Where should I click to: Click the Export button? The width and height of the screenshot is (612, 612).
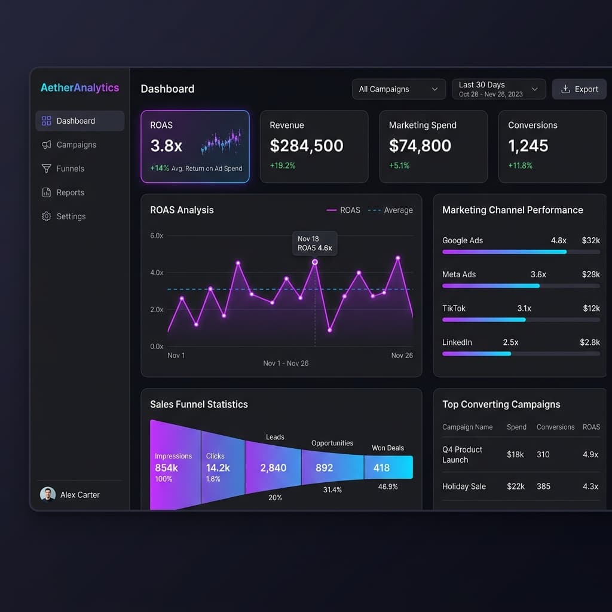coord(579,89)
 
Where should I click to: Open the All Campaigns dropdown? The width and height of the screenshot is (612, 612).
coord(399,89)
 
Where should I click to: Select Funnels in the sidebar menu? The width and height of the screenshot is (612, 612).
coord(71,169)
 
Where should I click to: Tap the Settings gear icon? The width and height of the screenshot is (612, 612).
coord(47,216)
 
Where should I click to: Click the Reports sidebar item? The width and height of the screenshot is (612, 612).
coord(71,192)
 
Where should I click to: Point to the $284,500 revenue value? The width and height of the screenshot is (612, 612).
coord(307,146)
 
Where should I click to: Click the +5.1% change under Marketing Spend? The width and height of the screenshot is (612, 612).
coord(399,166)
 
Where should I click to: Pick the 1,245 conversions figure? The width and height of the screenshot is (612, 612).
coord(528,146)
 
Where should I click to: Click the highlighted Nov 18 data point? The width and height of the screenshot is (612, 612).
coord(314,262)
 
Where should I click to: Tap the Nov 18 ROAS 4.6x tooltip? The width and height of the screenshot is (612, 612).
coord(314,244)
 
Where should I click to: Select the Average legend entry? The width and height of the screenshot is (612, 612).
coord(390,210)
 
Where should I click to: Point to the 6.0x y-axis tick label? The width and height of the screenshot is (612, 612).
coord(157,235)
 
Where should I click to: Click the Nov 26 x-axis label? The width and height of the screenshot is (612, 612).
coord(402,355)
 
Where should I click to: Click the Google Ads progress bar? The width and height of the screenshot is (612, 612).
coord(521,252)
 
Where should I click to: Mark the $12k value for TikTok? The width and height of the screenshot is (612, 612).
coord(591,308)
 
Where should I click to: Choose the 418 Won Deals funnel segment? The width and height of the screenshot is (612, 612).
coord(388,467)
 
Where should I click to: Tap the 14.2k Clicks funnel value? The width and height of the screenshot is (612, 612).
coord(218,467)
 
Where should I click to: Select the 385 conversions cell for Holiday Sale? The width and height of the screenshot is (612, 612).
coord(543,486)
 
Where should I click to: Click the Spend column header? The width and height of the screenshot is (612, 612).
coord(516,427)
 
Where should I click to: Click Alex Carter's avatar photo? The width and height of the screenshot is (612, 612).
coord(48,494)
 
